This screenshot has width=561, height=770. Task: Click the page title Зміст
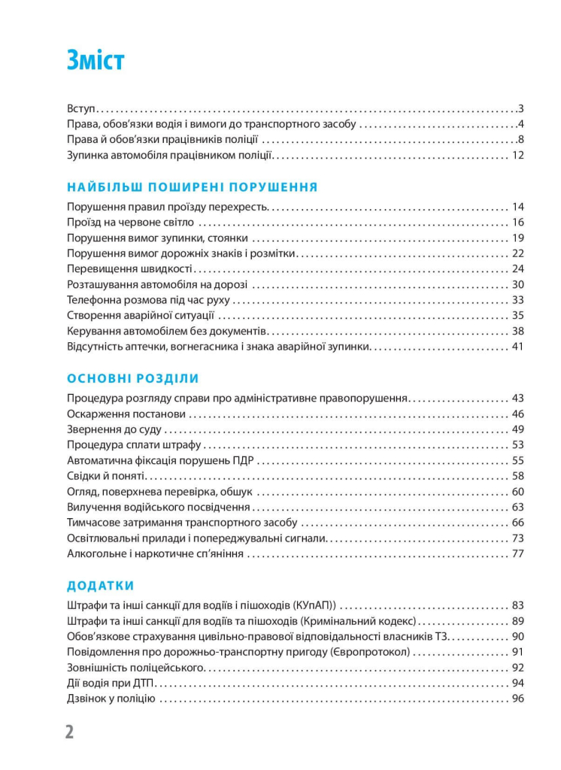[x=95, y=61]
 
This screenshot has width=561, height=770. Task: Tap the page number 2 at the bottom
[x=69, y=732]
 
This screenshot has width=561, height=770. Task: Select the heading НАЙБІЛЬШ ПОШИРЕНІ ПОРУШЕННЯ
[x=192, y=187]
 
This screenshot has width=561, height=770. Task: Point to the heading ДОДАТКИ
[x=100, y=585]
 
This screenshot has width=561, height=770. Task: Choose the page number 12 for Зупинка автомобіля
[x=517, y=156]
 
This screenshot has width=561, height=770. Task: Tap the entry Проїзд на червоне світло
[x=130, y=223]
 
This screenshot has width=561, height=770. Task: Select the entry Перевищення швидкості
[x=130, y=269]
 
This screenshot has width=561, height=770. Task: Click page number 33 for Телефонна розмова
[x=517, y=300]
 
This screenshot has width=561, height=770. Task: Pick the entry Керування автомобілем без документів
[x=165, y=332]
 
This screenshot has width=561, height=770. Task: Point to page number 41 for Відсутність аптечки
[x=517, y=347]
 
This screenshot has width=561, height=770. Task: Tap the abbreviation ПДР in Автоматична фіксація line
[x=241, y=461]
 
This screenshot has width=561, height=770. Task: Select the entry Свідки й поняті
[x=106, y=477]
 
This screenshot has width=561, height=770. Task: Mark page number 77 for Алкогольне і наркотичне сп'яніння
[x=517, y=554]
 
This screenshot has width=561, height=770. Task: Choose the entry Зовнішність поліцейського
[x=135, y=668]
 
